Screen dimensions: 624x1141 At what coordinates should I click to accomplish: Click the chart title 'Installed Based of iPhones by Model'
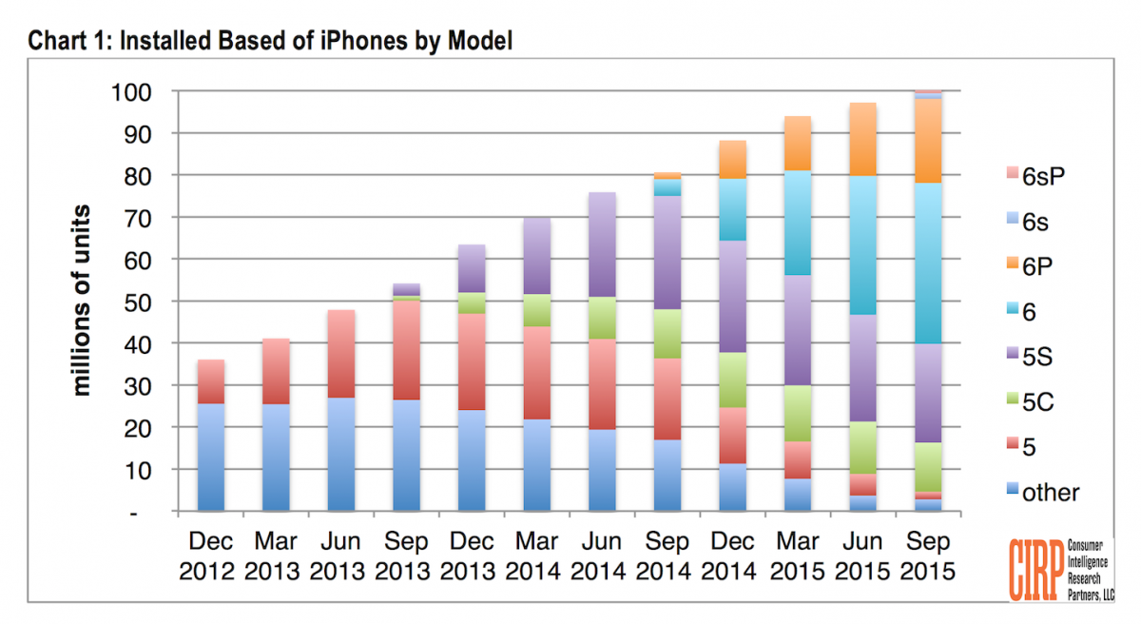click(271, 41)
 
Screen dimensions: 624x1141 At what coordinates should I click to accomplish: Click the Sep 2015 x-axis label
click(928, 556)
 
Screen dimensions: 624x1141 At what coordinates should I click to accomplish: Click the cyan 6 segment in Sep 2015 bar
click(928, 263)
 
